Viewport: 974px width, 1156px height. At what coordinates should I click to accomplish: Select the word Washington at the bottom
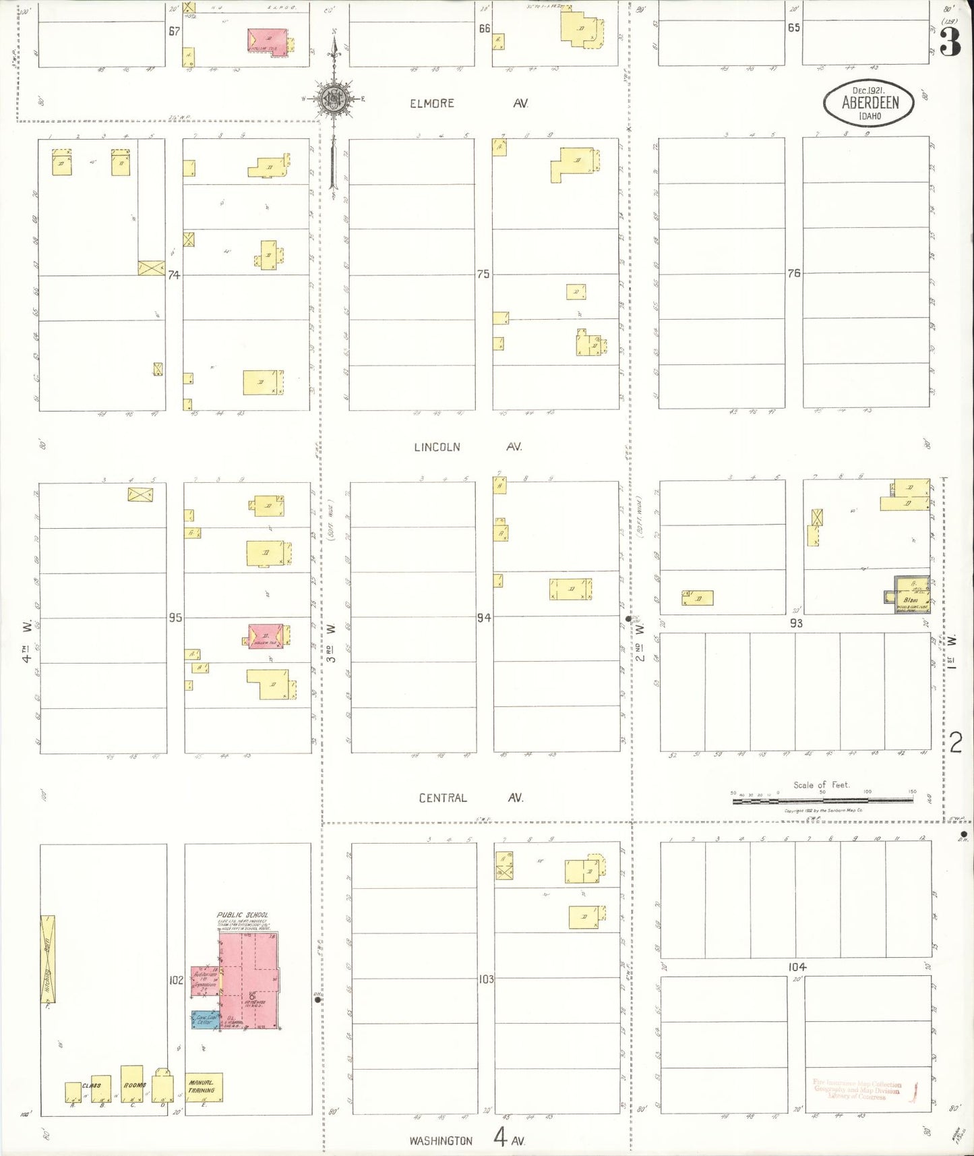point(441,1140)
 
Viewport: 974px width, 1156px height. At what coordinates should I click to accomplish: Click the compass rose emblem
point(333,98)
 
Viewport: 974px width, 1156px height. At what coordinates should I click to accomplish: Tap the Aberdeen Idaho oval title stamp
point(870,103)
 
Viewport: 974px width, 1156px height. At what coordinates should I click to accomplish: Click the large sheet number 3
point(950,44)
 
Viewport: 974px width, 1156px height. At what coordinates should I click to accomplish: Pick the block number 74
point(174,275)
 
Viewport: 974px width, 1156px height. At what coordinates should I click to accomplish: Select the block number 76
point(794,273)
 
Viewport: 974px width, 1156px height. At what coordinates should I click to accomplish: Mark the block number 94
point(483,617)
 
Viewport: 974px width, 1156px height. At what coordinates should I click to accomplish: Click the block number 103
point(486,979)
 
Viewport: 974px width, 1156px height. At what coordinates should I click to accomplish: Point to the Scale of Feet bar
point(822,799)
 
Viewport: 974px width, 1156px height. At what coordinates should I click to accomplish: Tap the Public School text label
point(242,915)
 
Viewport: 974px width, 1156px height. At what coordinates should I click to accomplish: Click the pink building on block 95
point(266,636)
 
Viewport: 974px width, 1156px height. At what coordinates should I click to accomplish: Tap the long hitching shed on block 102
point(48,958)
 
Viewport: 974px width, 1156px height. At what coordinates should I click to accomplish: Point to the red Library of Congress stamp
point(857,1091)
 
